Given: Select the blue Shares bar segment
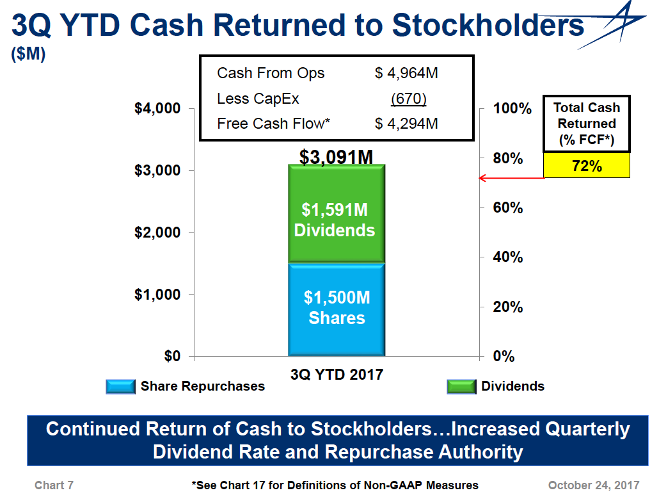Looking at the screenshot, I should click(x=336, y=309).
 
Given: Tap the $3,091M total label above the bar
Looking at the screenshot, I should click(x=336, y=157).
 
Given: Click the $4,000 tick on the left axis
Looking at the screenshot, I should click(x=157, y=108).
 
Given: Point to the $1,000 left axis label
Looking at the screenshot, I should click(x=157, y=295).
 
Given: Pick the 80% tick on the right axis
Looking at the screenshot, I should click(x=508, y=158).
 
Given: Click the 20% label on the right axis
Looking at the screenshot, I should click(x=508, y=307).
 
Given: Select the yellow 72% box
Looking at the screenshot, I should click(x=587, y=166).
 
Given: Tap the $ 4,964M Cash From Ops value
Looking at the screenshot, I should click(x=406, y=73).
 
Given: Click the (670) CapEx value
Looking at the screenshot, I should click(x=408, y=99).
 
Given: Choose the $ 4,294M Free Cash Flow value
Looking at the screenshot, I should click(x=406, y=124).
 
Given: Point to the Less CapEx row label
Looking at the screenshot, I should click(x=258, y=99).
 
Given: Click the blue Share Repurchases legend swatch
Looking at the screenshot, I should click(x=120, y=386).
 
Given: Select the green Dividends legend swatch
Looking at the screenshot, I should click(x=461, y=386).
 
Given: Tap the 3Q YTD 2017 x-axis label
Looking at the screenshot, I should click(x=336, y=375).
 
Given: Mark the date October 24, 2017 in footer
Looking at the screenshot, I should click(x=594, y=485).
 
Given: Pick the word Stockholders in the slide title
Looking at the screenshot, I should click(x=488, y=26).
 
